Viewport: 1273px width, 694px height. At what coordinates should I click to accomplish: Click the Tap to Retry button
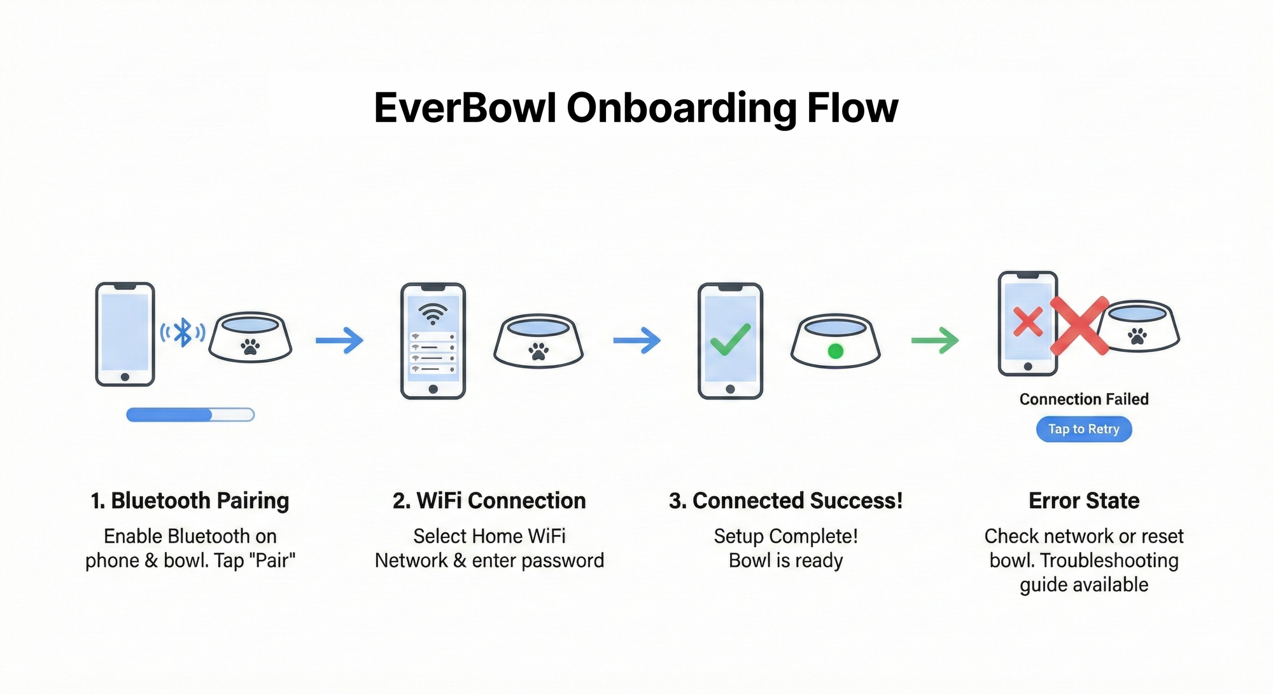click(x=1083, y=429)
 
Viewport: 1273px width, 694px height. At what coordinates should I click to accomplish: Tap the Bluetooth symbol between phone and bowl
click(x=183, y=332)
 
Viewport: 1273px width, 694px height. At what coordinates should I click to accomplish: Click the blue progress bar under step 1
click(x=190, y=415)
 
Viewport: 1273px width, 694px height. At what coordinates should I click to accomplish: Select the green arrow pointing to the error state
click(x=935, y=340)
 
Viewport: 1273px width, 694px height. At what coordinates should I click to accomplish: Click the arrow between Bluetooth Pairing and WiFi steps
click(x=339, y=340)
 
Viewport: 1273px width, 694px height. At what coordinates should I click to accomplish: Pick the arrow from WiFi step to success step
click(x=636, y=340)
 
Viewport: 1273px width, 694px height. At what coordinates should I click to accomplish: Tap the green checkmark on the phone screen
click(x=730, y=339)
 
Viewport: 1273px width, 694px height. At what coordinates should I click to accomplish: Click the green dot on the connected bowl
click(x=836, y=350)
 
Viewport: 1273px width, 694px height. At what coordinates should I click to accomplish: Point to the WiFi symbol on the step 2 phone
click(x=433, y=313)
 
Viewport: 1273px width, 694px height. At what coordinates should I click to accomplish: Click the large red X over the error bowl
click(x=1079, y=326)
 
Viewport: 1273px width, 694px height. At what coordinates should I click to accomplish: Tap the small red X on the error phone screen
click(x=1028, y=321)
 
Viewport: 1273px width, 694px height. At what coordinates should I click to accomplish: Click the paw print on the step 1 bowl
click(x=250, y=347)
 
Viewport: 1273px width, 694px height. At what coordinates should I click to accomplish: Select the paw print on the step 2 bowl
click(x=538, y=350)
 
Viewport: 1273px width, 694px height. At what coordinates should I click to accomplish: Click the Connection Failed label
click(x=1084, y=399)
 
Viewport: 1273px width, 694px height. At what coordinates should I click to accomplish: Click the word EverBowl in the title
click(x=465, y=108)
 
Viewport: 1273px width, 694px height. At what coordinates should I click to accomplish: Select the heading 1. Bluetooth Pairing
click(x=190, y=501)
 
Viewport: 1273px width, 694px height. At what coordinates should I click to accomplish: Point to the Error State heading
click(x=1084, y=501)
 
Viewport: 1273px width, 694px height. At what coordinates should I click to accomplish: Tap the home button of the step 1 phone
click(x=125, y=377)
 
